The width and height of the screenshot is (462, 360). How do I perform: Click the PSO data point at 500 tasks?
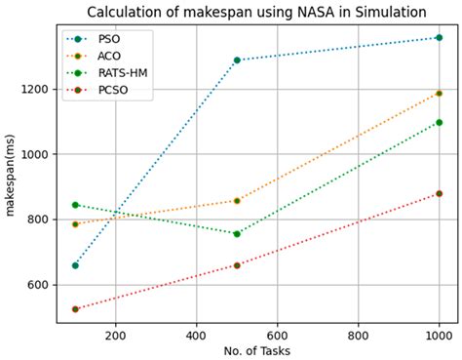tap(237, 60)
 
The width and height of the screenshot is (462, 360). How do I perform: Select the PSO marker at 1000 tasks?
tap(439, 37)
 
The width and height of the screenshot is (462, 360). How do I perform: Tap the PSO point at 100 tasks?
tap(75, 265)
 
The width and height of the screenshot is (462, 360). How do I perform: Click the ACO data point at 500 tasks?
tap(237, 200)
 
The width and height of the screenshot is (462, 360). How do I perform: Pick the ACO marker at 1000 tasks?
tap(439, 93)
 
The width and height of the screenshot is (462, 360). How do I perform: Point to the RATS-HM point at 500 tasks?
tap(237, 233)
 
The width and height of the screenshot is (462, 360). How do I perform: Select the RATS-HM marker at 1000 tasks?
tap(439, 122)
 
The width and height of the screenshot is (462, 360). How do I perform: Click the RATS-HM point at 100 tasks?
tap(75, 205)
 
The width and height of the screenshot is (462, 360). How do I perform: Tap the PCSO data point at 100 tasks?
tap(75, 308)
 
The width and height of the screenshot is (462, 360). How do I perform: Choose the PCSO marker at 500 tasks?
tap(237, 265)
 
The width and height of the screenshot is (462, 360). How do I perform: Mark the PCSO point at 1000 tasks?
tap(439, 193)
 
